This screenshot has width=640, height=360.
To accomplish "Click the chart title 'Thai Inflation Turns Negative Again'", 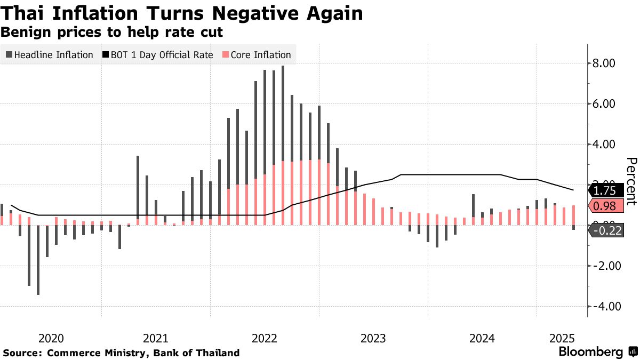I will pyautogui.click(x=182, y=13).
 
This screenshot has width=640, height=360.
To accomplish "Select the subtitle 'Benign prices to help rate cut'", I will pyautogui.click(x=111, y=33).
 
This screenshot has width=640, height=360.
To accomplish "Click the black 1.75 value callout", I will pyautogui.click(x=605, y=190).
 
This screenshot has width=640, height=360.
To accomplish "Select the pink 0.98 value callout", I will pyautogui.click(x=605, y=206).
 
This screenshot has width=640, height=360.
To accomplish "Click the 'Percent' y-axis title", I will pyautogui.click(x=631, y=181).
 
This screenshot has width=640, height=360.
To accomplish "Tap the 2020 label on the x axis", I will pyautogui.click(x=51, y=338).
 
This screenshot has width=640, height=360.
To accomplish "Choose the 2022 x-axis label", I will pyautogui.click(x=265, y=338).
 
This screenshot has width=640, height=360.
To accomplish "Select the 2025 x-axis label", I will pyautogui.click(x=561, y=338).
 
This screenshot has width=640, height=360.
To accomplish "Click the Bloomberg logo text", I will pyautogui.click(x=590, y=352).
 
